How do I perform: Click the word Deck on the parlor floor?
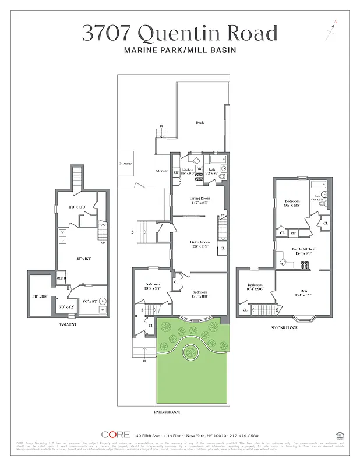coord(199,123)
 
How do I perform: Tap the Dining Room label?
coord(200,199)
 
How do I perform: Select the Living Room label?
coord(199,242)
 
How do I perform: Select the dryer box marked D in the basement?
coord(62,241)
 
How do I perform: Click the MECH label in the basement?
coord(61,279)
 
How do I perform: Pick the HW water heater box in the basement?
coord(102,310)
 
